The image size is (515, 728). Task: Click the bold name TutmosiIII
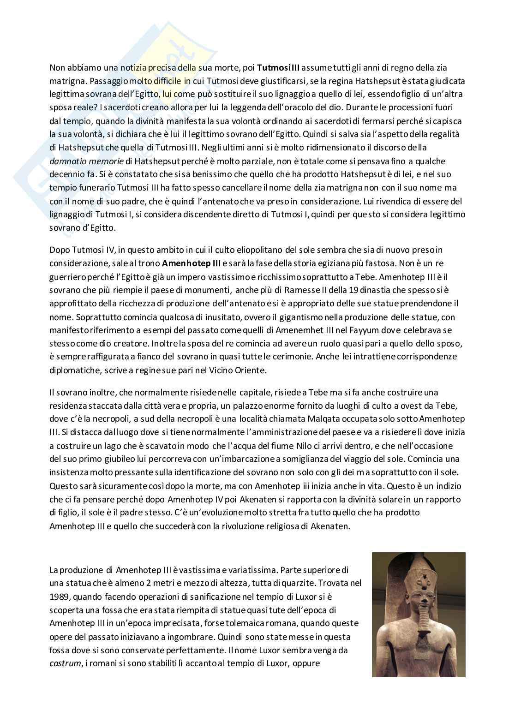[x=278, y=68]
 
